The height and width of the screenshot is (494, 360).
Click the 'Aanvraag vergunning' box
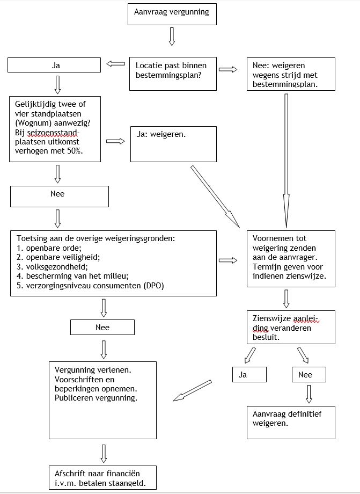pyautogui.click(x=172, y=13)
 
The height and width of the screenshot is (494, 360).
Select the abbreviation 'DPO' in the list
pyautogui.click(x=152, y=286)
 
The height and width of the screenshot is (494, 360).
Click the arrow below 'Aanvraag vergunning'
pyautogui.click(x=172, y=37)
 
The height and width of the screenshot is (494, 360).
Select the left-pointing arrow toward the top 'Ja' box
pyautogui.click(x=115, y=64)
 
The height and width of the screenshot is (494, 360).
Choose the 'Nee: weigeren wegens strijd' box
pyautogui.click(x=290, y=74)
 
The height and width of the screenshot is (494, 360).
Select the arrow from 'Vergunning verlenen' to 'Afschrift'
pyautogui.click(x=103, y=454)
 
